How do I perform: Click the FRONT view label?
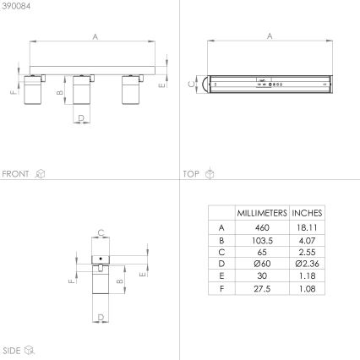16,173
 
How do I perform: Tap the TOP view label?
191,173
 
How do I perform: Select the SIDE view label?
11,349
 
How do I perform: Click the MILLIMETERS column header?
261,213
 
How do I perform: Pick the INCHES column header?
307,213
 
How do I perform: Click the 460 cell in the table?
261,227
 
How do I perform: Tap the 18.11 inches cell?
307,227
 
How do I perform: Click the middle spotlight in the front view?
81,91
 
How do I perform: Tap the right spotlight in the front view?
131,91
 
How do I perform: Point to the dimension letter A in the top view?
270,35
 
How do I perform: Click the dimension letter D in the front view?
80,118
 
